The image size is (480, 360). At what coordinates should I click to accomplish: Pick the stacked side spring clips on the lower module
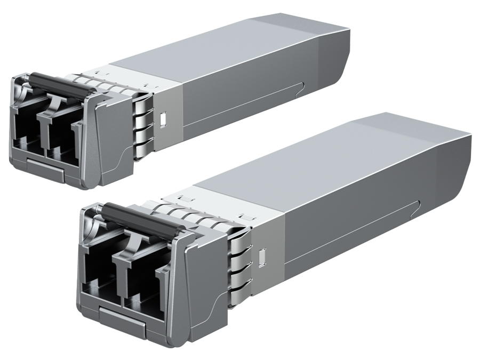pyautogui.click(x=239, y=264)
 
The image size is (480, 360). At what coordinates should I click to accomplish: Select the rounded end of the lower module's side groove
pyautogui.click(x=420, y=205)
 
